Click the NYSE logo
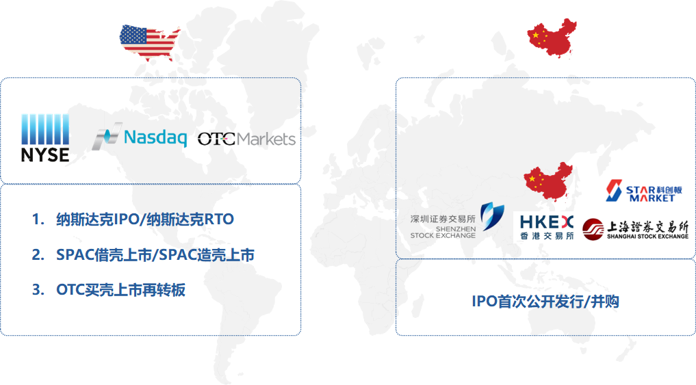[x=45, y=137]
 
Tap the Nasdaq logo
[x=140, y=136]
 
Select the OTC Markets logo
[x=246, y=140]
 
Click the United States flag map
[x=150, y=42]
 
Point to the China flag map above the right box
[x=552, y=38]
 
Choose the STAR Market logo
[x=644, y=191]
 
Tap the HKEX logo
[x=546, y=227]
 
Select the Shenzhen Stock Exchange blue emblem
[x=492, y=215]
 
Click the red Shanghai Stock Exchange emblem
[x=593, y=229]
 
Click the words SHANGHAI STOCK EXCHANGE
[x=647, y=237]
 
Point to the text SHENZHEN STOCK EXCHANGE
[x=443, y=232]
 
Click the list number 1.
[x=38, y=219]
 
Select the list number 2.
[x=38, y=254]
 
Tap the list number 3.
[x=38, y=290]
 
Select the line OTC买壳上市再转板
[x=120, y=290]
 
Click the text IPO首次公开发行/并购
[x=545, y=302]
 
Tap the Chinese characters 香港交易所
[x=547, y=236]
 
